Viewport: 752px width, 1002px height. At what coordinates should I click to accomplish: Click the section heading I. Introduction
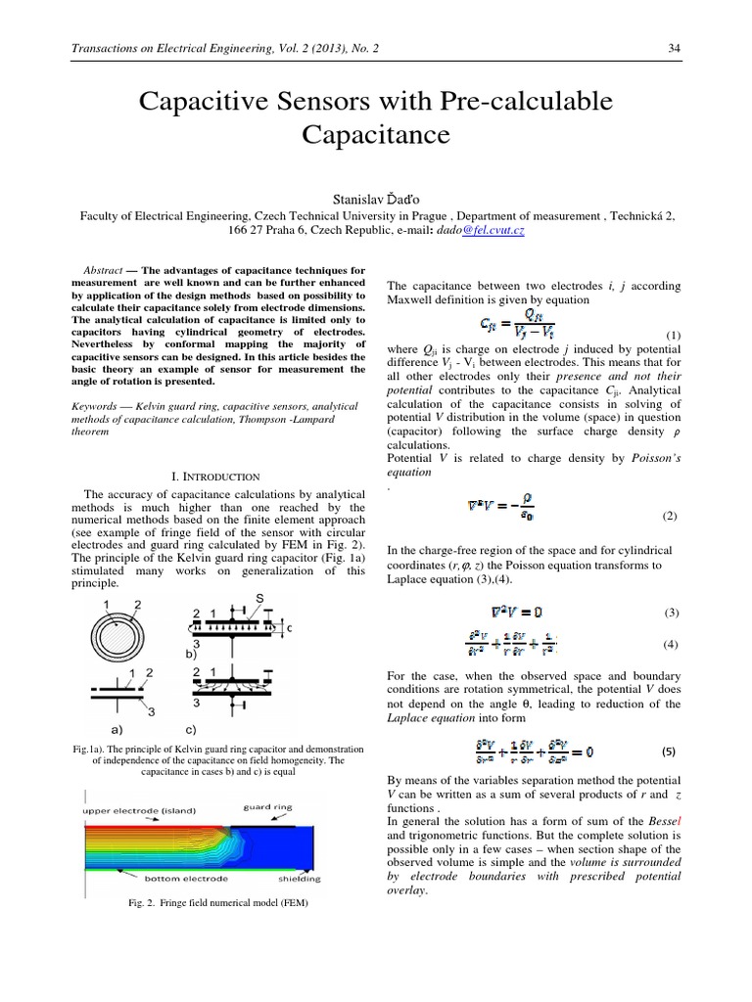[211, 475]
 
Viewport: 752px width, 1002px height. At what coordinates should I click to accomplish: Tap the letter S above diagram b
[259, 597]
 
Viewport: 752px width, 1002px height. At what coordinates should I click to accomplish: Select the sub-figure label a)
[115, 730]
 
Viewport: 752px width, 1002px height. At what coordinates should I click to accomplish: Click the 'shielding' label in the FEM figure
[293, 879]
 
